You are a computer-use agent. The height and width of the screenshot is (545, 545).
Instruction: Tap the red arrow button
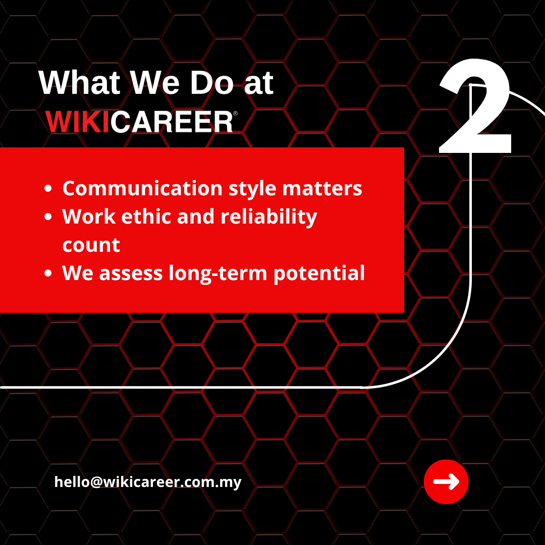tap(446, 482)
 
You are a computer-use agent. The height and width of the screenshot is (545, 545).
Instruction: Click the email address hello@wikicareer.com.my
tap(148, 482)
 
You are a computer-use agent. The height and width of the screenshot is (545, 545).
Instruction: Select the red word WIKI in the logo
tap(78, 122)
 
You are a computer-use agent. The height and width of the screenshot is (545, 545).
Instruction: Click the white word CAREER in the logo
tap(172, 122)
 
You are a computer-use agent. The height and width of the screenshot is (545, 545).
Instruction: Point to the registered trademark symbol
tap(235, 114)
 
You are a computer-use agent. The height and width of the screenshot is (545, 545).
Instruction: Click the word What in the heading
tap(80, 83)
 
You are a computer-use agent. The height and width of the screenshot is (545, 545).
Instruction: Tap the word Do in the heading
tap(211, 83)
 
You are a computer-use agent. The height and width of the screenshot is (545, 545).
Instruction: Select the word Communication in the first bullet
tap(142, 188)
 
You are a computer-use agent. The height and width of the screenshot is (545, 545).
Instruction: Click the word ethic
tap(146, 216)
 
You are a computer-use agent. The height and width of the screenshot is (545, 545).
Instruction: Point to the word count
tap(91, 246)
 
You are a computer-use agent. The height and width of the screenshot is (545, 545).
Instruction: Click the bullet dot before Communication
tap(48, 189)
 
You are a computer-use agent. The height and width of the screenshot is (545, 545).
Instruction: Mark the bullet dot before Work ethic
tap(48, 217)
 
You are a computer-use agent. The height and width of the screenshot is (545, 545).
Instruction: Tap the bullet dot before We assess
tap(48, 273)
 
